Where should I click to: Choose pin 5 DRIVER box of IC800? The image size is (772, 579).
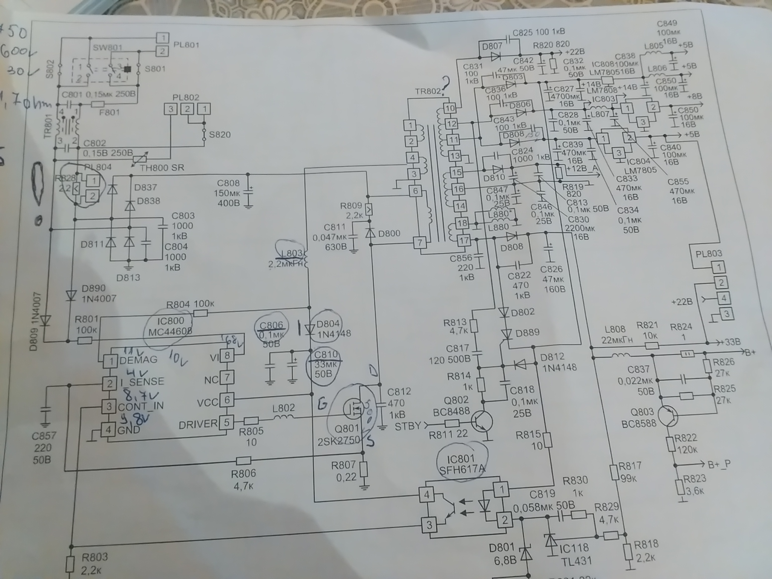click(x=227, y=423)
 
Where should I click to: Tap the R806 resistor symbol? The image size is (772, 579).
click(x=243, y=461)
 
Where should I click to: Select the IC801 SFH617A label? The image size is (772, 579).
click(x=462, y=464)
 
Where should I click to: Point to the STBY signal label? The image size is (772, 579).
click(x=407, y=426)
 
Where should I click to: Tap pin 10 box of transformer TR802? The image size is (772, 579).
click(x=450, y=108)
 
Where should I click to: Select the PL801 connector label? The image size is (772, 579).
click(x=186, y=45)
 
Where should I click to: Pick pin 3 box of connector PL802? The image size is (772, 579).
click(x=171, y=109)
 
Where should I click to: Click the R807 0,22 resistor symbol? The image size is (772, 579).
click(x=363, y=470)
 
